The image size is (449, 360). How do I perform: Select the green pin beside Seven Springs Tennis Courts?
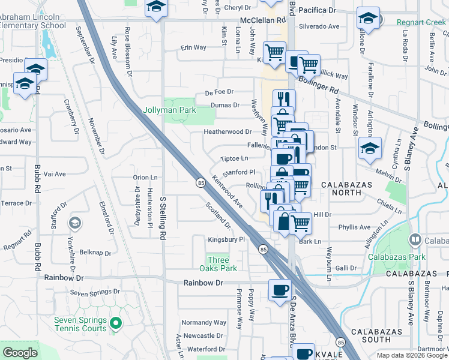116,324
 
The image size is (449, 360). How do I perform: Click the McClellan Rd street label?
263,20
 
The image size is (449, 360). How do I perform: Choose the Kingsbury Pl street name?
227,239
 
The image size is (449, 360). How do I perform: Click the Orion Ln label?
145,177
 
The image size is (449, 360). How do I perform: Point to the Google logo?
20,353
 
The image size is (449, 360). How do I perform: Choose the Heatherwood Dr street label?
228,131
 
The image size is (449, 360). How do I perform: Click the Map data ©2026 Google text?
411,355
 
